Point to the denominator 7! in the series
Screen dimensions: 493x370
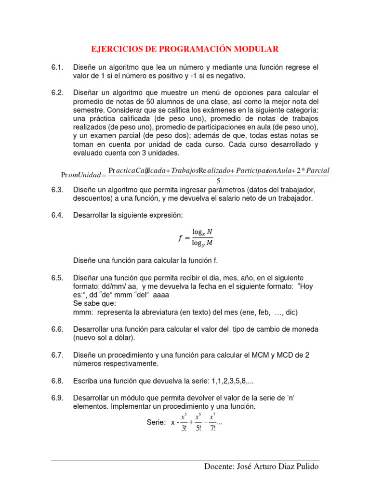[213, 428]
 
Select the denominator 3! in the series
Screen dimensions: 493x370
[184, 428]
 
